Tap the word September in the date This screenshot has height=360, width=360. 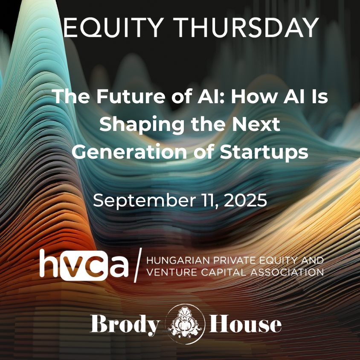(x=144, y=200)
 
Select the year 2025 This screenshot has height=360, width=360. (x=245, y=200)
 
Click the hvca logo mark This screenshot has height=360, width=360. (x=84, y=265)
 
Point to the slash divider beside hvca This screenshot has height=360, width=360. (x=138, y=265)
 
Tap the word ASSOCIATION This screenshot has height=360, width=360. (x=287, y=272)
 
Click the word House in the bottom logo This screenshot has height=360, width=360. (x=245, y=324)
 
